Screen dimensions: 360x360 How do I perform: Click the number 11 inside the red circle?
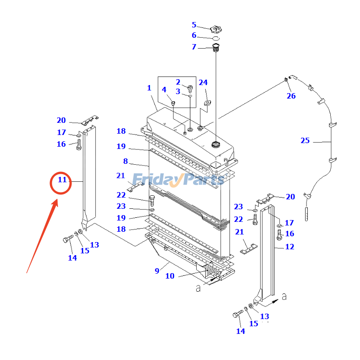[x=62, y=180]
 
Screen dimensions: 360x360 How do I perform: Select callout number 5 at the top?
[x=194, y=25]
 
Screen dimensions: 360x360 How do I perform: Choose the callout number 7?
[x=194, y=47]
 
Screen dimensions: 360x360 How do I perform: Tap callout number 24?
[x=203, y=82]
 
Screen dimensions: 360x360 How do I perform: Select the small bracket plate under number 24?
[x=207, y=104]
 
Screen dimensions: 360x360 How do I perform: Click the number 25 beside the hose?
[x=305, y=141]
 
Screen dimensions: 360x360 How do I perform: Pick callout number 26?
[x=291, y=96]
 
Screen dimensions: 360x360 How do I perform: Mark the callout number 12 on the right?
[x=289, y=247]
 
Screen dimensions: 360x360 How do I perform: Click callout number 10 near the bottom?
[x=170, y=276]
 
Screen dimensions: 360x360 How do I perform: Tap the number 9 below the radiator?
[x=157, y=270]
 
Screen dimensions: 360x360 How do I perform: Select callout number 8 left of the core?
[x=126, y=161]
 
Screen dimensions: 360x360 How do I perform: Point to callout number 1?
[x=149, y=88]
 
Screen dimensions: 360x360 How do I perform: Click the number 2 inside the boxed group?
[x=178, y=82]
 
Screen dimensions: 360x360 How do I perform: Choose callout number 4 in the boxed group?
[x=164, y=90]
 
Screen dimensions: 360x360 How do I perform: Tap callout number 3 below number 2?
[x=178, y=91]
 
